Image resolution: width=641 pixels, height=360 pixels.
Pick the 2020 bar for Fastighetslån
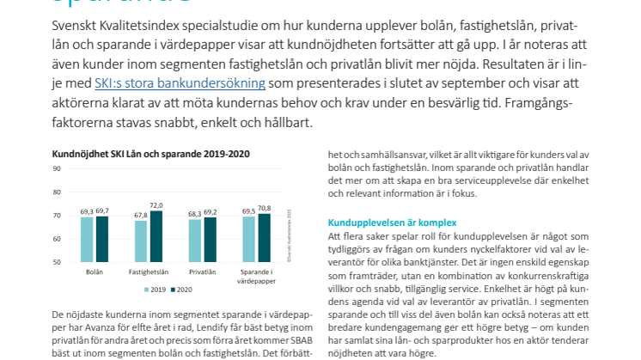pyautogui.click(x=156, y=235)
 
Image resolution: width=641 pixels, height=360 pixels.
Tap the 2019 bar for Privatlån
pyautogui.click(x=194, y=241)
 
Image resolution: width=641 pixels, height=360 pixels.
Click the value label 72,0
pyautogui.click(x=156, y=205)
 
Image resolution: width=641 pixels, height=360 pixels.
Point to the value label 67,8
pyautogui.click(x=139, y=215)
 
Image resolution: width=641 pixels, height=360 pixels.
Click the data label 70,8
pyautogui.click(x=264, y=208)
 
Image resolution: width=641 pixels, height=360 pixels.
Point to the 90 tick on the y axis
pyautogui.click(x=56, y=168)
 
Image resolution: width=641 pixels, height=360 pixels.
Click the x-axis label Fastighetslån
pyautogui.click(x=148, y=271)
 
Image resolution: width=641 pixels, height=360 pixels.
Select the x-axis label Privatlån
pyautogui.click(x=202, y=271)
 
